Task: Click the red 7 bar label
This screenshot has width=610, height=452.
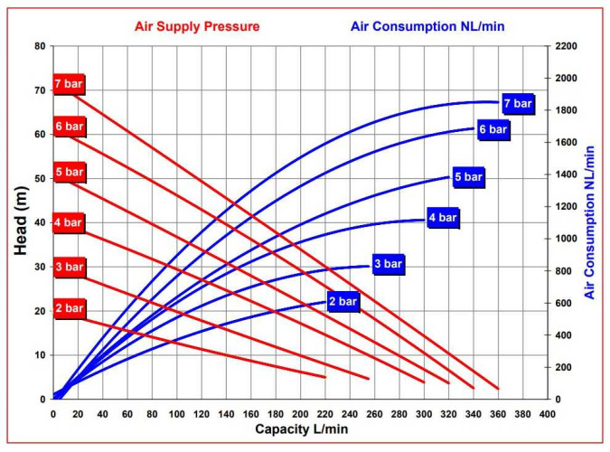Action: pos(69,84)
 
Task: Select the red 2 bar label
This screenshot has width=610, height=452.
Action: pos(69,308)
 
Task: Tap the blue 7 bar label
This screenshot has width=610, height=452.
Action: pos(518,103)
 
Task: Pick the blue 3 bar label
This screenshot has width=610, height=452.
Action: pos(388,264)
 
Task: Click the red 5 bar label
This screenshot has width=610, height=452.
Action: pos(69,172)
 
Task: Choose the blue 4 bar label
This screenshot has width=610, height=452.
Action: pos(443,217)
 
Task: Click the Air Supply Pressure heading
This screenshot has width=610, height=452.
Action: pos(197,26)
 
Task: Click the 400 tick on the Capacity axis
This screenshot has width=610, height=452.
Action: pos(547,413)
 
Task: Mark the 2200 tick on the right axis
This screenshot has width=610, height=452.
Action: pos(567,46)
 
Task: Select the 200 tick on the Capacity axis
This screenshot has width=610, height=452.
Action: pos(300,413)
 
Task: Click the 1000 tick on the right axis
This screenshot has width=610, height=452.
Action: pos(567,239)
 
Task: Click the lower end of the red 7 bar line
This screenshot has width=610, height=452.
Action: pos(498,389)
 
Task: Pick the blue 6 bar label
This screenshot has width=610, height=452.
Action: pos(493,129)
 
